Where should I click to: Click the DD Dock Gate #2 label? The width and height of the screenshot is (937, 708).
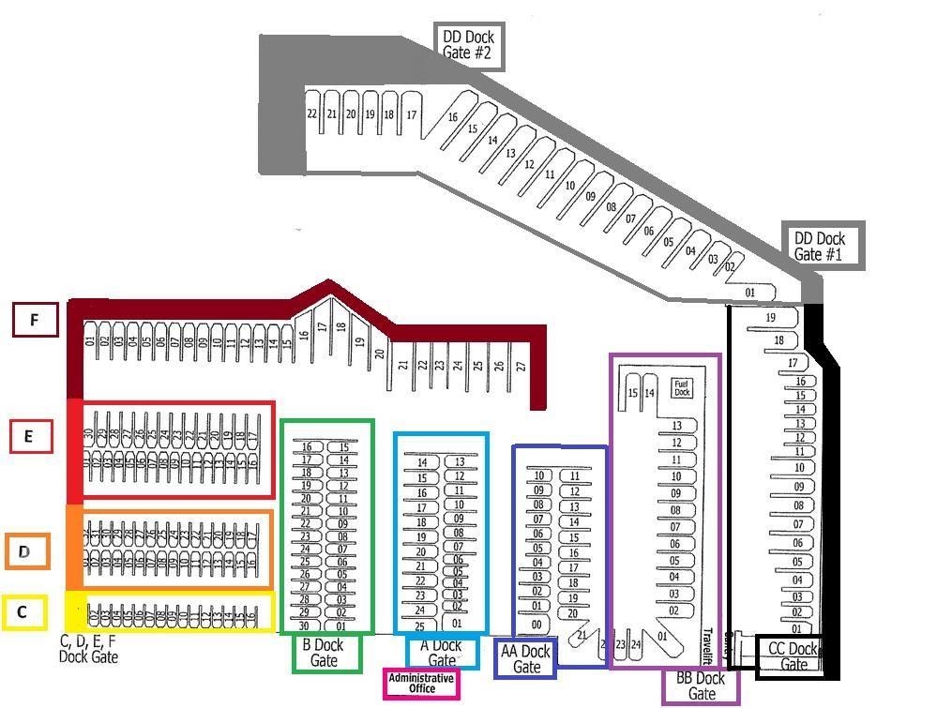point(469,46)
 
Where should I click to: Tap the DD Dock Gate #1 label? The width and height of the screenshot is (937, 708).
point(820,247)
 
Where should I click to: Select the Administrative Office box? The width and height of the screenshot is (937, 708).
point(421,683)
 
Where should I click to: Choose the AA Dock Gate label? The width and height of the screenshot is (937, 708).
point(525,658)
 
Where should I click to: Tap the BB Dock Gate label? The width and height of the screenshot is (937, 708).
point(701,686)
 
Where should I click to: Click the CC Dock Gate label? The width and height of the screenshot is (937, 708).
point(793,655)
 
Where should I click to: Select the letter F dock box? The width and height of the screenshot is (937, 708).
point(35,320)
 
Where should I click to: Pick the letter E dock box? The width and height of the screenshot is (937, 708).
point(30,436)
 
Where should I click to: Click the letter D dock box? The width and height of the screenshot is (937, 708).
point(27,551)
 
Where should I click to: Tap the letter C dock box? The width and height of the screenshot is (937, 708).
point(23,613)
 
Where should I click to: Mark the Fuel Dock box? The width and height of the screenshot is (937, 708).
point(683,387)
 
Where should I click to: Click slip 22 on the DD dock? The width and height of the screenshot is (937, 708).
point(312,113)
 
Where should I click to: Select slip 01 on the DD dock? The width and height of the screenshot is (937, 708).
point(749,293)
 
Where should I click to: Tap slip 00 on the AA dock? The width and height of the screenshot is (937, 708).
point(537,625)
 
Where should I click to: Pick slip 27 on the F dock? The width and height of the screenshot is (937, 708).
point(521,366)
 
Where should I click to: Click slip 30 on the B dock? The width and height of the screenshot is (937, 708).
point(304,625)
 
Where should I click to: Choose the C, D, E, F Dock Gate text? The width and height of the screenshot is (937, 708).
point(88,649)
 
